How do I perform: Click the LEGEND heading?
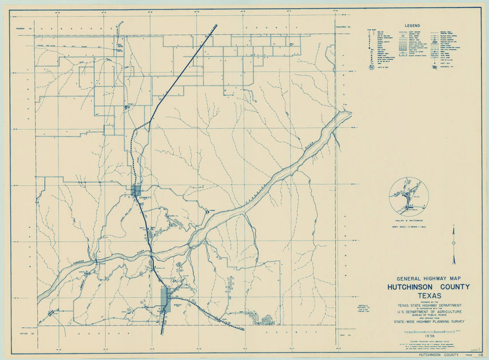click(x=412, y=26)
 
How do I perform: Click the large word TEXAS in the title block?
click(x=426, y=295)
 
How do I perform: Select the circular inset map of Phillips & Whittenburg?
click(x=408, y=195)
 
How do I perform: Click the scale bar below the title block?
click(x=425, y=331)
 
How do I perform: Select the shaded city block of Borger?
click(x=165, y=297)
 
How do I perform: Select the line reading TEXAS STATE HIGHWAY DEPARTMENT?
click(x=426, y=306)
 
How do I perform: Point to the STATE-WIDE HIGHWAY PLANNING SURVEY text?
click(x=426, y=322)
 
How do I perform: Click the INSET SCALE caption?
click(x=408, y=227)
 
